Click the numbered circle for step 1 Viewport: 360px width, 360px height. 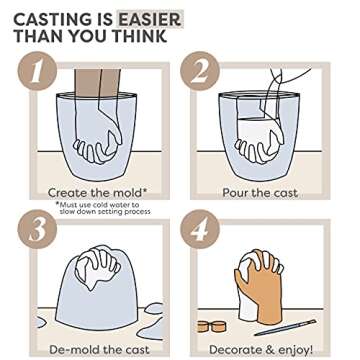point(36,73)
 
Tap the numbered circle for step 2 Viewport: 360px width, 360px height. point(200,73)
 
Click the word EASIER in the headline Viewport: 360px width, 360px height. point(149,19)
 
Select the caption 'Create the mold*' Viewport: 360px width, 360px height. point(97,192)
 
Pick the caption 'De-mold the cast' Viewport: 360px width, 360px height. point(98,349)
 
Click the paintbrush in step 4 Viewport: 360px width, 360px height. point(284,327)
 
